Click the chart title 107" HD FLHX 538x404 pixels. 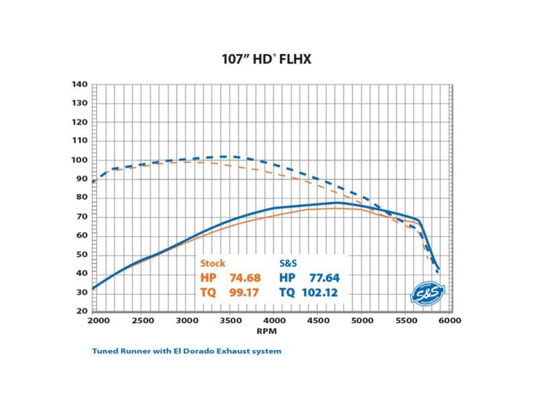267,59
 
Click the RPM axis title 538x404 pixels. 271,331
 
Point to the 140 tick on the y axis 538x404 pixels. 79,85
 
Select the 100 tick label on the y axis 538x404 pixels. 79,160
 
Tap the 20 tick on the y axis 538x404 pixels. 81,311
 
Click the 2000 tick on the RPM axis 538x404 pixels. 98,321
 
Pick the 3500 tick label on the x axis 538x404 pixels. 229,321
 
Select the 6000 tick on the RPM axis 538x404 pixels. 450,321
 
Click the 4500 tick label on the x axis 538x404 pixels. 317,321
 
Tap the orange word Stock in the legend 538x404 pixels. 213,263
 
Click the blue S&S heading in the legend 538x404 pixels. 289,263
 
